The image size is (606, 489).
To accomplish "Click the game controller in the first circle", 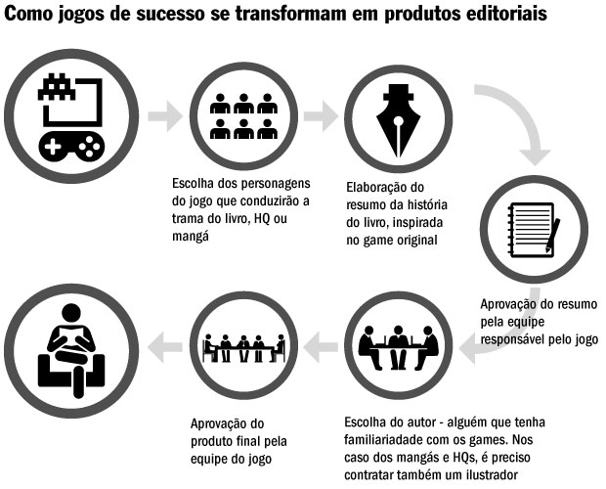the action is tap(71, 146).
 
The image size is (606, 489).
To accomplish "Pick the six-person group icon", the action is tap(244, 116).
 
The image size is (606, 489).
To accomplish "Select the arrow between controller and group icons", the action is tap(165, 115).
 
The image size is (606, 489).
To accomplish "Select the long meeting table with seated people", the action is tap(243, 345).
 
